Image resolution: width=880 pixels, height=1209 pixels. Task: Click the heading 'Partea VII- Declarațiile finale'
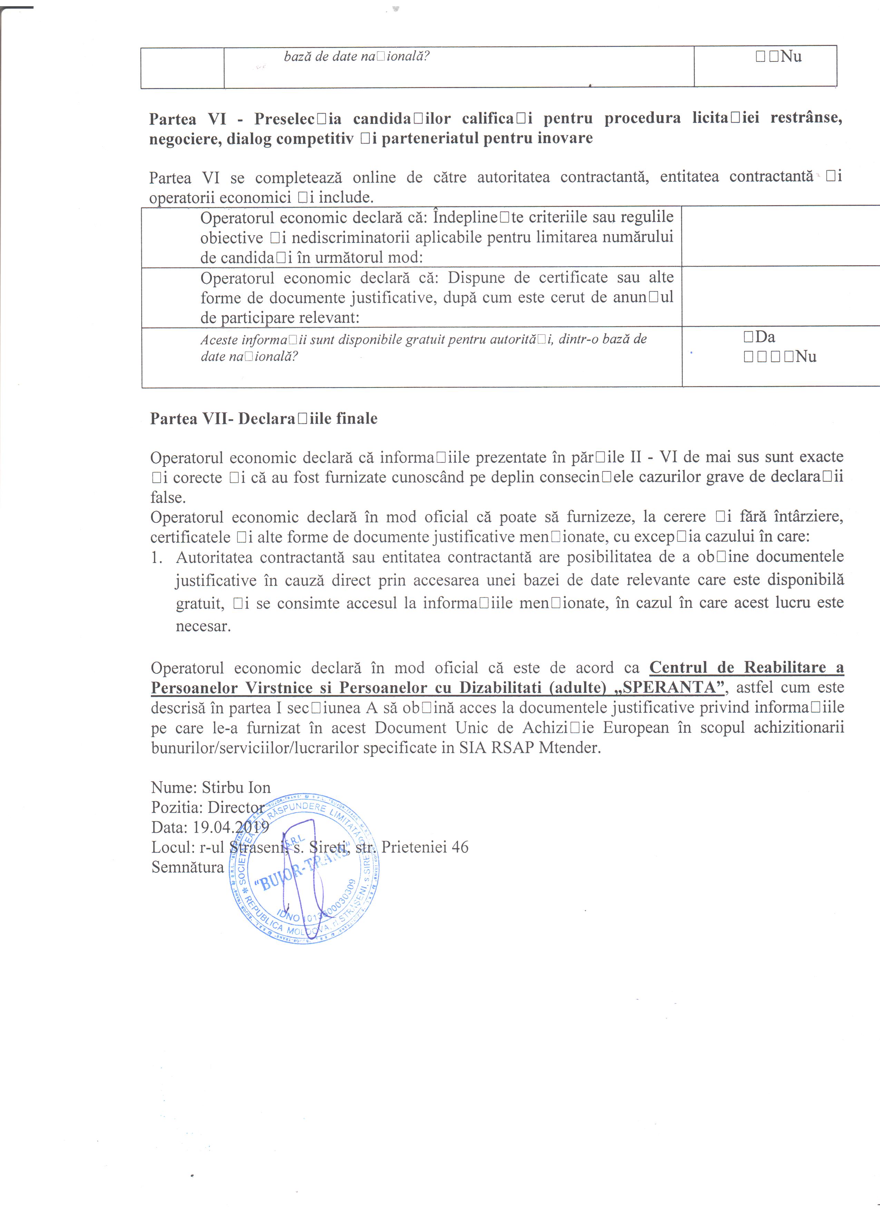point(264,419)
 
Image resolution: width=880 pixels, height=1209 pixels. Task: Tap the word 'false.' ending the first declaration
point(168,497)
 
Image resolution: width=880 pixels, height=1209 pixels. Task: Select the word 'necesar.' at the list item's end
point(203,626)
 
